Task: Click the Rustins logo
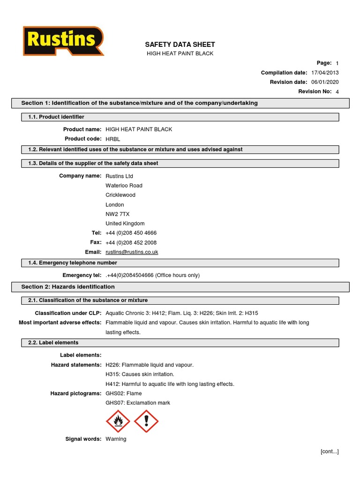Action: tap(63, 41)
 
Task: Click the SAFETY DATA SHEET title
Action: tap(180, 45)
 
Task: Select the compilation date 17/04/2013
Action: tap(325, 73)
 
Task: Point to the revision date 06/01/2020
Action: tap(325, 82)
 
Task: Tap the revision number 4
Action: tap(337, 92)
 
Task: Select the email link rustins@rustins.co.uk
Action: tap(132, 252)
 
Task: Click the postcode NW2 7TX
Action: tap(118, 214)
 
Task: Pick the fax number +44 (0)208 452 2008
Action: tap(131, 243)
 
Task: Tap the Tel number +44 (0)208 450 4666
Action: tap(131, 233)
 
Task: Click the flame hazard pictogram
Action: tap(118, 420)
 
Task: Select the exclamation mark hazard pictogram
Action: tap(146, 420)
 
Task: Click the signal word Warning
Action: tap(116, 439)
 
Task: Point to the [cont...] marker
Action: tap(330, 451)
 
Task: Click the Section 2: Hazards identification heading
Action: tap(68, 287)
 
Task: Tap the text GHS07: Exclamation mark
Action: tap(138, 403)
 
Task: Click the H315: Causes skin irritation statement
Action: tap(140, 375)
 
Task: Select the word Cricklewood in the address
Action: tap(120, 195)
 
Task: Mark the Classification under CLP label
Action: tap(68, 313)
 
